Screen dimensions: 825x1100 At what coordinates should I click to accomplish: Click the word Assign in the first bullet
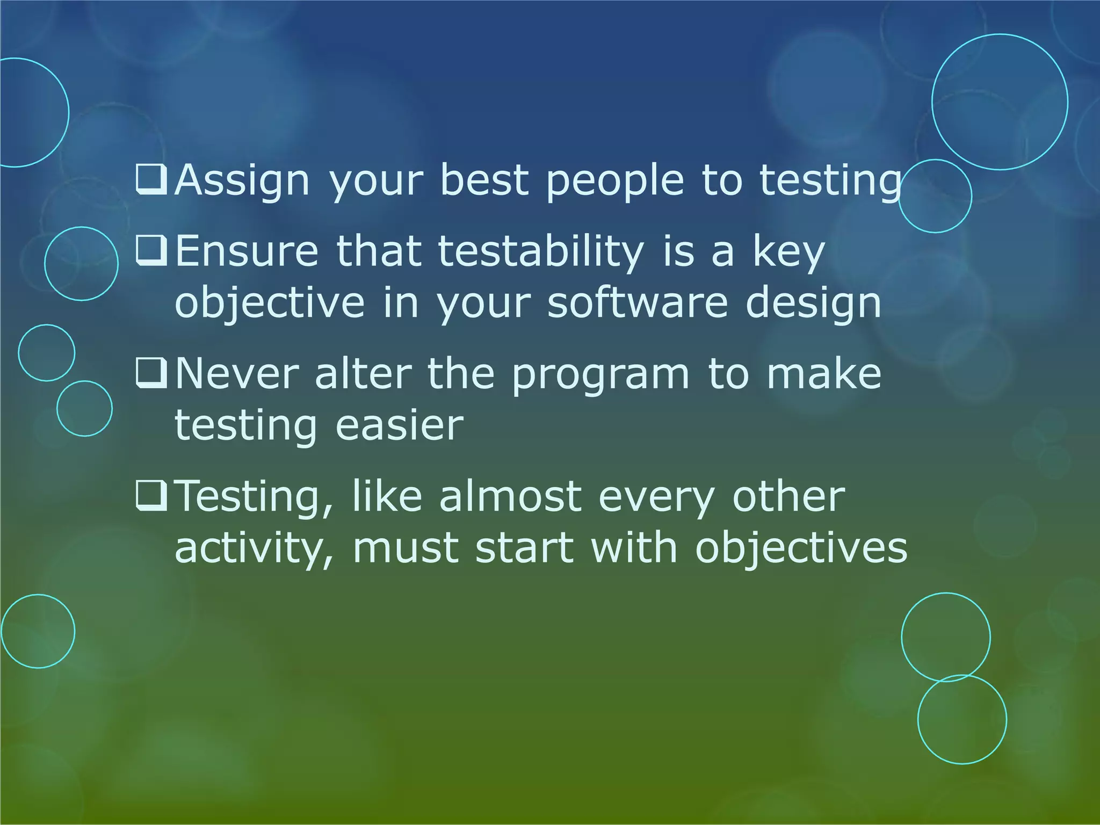click(x=242, y=180)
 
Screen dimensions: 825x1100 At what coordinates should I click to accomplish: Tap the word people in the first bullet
click(x=615, y=180)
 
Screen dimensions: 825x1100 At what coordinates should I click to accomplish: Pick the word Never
click(x=237, y=374)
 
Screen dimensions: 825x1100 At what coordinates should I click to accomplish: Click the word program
click(x=600, y=374)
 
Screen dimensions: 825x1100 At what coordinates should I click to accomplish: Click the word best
click(x=484, y=180)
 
